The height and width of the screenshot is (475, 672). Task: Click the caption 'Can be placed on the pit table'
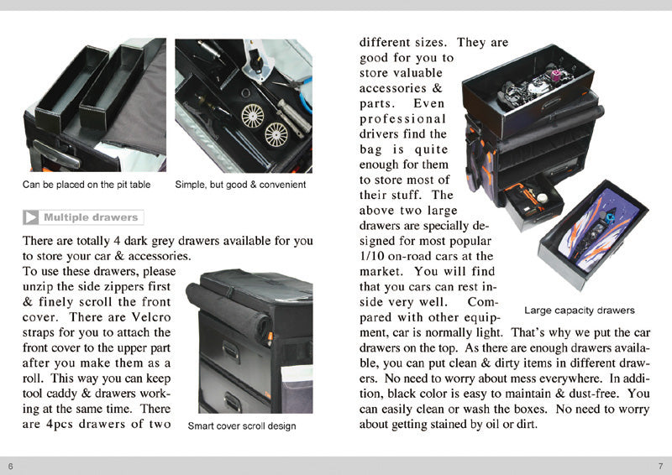coord(87,185)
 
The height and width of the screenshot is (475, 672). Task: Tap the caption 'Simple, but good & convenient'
coord(240,185)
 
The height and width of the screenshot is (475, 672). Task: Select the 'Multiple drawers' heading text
coord(91,217)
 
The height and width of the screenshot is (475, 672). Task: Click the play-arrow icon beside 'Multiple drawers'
coord(31,217)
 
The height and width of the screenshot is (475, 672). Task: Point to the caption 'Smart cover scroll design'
coord(242,426)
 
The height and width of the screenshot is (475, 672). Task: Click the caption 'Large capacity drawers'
coord(580,311)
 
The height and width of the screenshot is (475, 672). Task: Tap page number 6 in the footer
coord(11,466)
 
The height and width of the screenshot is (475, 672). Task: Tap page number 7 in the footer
coord(660,466)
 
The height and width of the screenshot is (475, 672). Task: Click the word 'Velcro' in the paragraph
coord(151,317)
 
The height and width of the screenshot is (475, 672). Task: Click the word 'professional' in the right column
coord(403,119)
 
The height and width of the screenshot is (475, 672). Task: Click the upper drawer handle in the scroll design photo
coord(232,352)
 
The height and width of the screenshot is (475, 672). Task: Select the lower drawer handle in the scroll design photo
coord(233,402)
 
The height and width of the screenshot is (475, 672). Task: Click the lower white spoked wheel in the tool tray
coord(276,134)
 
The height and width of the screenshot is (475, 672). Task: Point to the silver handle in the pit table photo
coord(56,154)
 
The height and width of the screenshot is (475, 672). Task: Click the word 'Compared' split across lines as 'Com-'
coord(483,302)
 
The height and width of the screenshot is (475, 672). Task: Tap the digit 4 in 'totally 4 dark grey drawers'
coord(117,241)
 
